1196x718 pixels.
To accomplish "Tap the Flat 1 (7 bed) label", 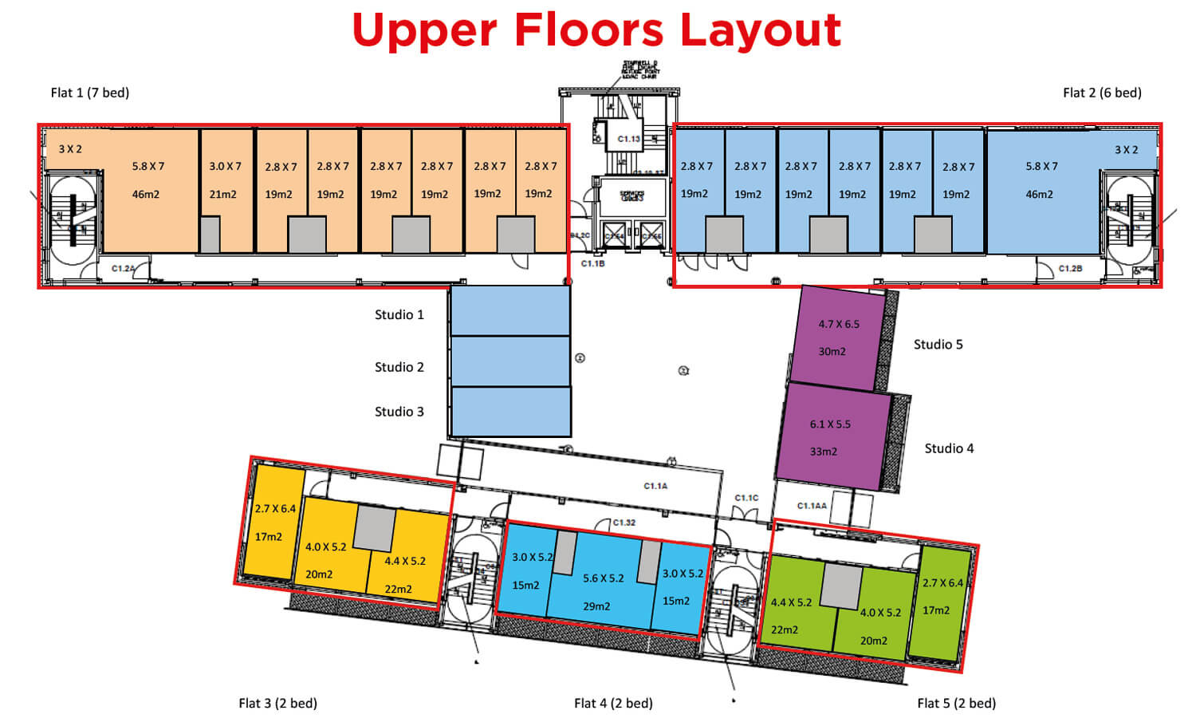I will pyautogui.click(x=90, y=93).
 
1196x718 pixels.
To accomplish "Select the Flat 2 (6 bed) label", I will pyautogui.click(x=1102, y=93).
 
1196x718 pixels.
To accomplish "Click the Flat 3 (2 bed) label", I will pyautogui.click(x=277, y=703).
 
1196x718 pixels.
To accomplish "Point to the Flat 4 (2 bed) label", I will pyautogui.click(x=613, y=703).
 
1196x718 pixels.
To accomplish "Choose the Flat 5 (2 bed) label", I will pyautogui.click(x=956, y=703).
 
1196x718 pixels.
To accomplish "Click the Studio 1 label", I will pyautogui.click(x=399, y=314).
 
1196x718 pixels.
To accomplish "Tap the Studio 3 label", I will pyautogui.click(x=399, y=412).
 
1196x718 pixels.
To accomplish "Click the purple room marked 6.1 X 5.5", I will pyautogui.click(x=830, y=436).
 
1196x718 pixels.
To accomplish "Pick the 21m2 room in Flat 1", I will pyautogui.click(x=223, y=194).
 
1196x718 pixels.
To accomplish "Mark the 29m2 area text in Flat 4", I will pyautogui.click(x=596, y=606).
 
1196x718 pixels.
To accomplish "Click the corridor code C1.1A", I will pyautogui.click(x=655, y=486).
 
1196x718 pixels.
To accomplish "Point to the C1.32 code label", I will pyautogui.click(x=624, y=523).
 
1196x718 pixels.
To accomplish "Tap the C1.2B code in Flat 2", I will pyautogui.click(x=1070, y=268).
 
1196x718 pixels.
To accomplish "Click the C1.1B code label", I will pyautogui.click(x=592, y=263).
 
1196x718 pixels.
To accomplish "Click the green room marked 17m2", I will pyautogui.click(x=936, y=610).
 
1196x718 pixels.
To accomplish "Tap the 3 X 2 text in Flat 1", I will pyautogui.click(x=70, y=149).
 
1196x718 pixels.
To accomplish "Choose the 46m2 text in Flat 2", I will pyautogui.click(x=1039, y=194).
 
